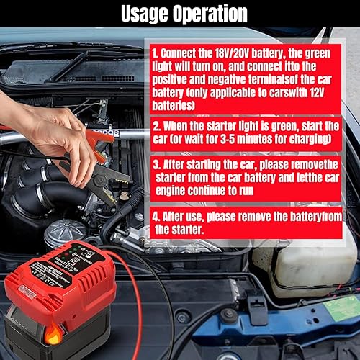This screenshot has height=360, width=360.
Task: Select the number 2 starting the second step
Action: pyautogui.click(x=156, y=125)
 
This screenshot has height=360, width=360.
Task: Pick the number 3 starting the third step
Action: pyautogui.click(x=156, y=163)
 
